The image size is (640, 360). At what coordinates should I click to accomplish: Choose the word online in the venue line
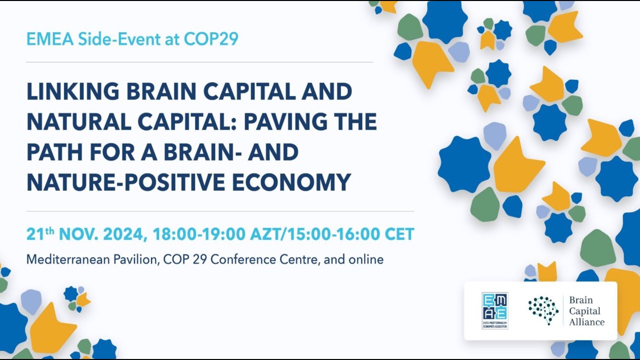[x=367, y=259]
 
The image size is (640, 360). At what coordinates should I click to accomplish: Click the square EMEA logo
[x=495, y=311]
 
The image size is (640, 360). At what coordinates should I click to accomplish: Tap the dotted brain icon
[x=543, y=310]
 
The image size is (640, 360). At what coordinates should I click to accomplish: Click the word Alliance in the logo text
[x=587, y=322]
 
